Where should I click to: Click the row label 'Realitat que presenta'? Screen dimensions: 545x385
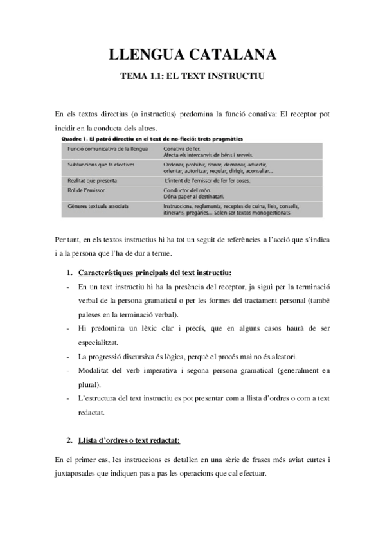[x=88, y=181]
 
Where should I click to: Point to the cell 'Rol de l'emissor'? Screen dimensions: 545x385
[x=82, y=191]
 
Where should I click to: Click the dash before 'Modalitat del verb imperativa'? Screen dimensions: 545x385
[x=68, y=371]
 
